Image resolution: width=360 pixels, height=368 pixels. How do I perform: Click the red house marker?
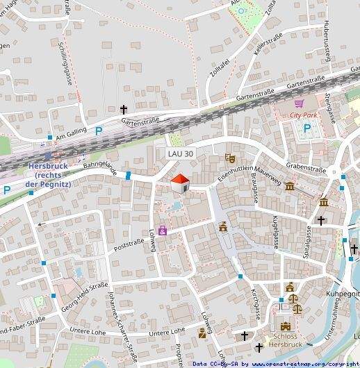click(181, 183)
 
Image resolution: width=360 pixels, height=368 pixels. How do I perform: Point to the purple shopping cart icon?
click(299, 103)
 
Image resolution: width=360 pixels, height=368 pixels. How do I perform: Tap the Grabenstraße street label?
click(306, 168)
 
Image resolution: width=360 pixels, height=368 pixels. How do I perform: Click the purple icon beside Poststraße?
click(163, 230)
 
